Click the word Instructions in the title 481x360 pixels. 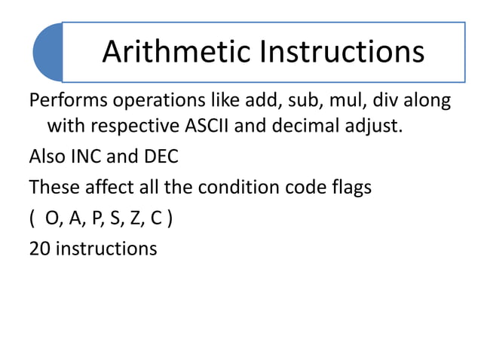343,52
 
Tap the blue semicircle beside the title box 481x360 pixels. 47,52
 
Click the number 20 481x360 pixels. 38,249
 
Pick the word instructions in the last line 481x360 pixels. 105,249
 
